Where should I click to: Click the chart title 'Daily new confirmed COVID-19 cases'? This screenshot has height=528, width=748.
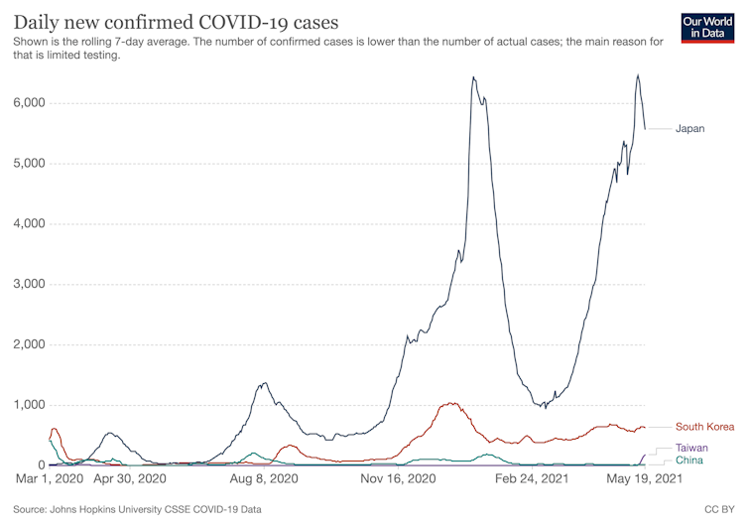pos(175,21)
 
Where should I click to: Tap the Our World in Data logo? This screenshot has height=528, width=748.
pos(708,27)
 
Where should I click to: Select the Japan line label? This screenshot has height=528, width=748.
pos(689,129)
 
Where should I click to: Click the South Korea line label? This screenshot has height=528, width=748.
pos(704,427)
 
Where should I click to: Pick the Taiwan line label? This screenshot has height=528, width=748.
pos(691,449)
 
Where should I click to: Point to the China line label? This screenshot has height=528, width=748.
pos(689,461)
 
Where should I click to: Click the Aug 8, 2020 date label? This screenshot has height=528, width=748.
pos(263,479)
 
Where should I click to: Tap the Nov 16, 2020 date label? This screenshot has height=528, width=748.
pos(397,479)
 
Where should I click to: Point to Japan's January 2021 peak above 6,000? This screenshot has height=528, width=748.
pos(473,77)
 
